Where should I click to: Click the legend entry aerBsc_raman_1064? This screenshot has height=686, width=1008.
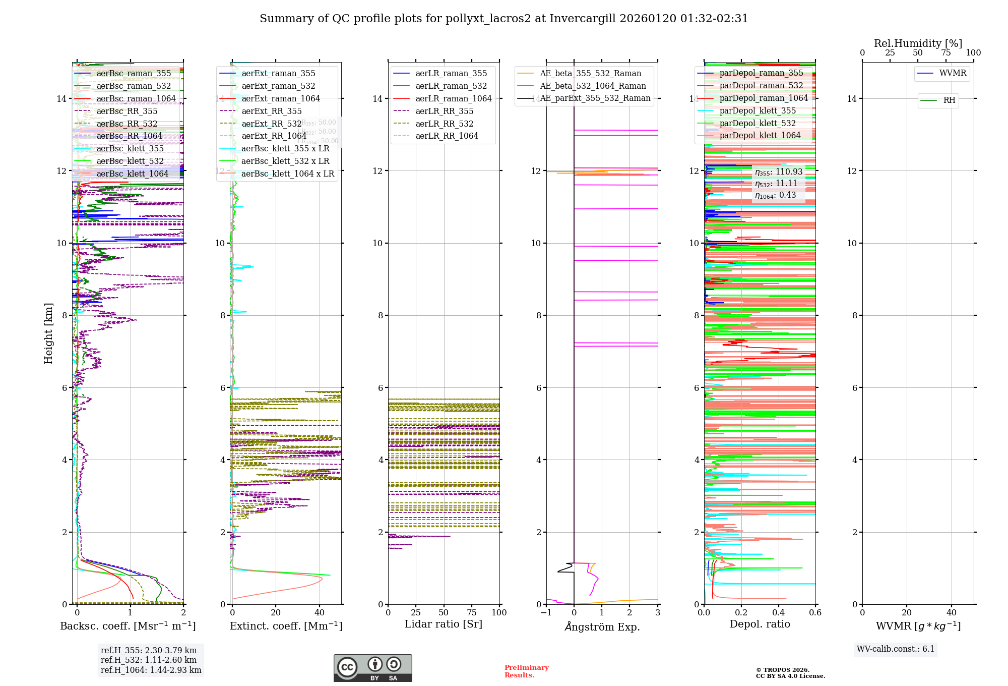pos(136,98)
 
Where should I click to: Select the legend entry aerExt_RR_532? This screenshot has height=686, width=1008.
pos(271,124)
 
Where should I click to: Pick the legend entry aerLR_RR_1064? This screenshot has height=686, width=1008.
pos(447,136)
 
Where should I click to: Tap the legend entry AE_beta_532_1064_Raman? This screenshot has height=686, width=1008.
pos(593,86)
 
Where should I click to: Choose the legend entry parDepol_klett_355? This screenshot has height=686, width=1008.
pos(758,110)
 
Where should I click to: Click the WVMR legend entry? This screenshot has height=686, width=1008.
pos(953,73)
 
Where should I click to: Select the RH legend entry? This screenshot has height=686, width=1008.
pos(949,100)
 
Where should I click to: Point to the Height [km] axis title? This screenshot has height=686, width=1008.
pos(48,333)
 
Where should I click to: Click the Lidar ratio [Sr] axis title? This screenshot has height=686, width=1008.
pos(444,624)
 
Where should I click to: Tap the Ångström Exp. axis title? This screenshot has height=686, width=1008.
pos(602,626)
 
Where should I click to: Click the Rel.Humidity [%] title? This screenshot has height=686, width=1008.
pos(918,43)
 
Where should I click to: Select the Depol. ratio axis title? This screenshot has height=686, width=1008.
pos(760,624)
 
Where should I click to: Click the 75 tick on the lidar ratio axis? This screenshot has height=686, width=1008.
pos(472,612)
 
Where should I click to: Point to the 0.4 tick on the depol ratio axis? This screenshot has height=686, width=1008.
pos(778,612)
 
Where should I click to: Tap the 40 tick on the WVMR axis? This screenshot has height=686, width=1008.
pos(951,612)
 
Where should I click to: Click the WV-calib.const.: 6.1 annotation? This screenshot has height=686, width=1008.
pos(896,649)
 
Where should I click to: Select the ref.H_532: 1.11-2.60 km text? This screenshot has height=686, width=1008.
pos(149,660)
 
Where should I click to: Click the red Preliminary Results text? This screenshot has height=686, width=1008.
pos(526,671)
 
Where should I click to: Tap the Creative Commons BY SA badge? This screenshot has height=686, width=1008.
pos(372,668)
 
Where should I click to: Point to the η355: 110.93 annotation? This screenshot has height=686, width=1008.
pos(778,172)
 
